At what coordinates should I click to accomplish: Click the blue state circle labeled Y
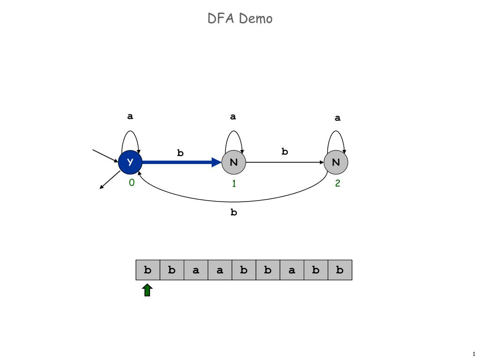point(130,162)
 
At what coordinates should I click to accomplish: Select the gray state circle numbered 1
point(233,162)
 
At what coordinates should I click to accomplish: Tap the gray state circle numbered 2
point(336,162)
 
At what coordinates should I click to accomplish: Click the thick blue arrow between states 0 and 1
point(182,162)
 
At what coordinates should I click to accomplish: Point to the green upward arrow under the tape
point(147,290)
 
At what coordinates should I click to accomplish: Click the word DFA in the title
point(221,18)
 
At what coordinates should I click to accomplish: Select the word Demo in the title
point(255,18)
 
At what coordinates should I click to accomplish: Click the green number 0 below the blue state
point(132,183)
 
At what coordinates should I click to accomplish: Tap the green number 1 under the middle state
point(234,183)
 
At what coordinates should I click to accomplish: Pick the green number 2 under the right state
point(337,183)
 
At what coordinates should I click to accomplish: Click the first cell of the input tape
point(148,270)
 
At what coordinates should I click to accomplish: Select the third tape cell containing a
point(196,270)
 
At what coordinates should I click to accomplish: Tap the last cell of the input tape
point(340,270)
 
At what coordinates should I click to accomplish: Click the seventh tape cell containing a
point(292,270)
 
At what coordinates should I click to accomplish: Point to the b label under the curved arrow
point(233,212)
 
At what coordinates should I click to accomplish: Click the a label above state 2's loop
point(337,118)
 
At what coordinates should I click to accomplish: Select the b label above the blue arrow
point(180,152)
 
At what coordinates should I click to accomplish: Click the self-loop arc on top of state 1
point(234,131)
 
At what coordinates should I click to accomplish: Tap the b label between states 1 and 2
point(285,151)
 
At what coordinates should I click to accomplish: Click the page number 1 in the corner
point(474,354)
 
